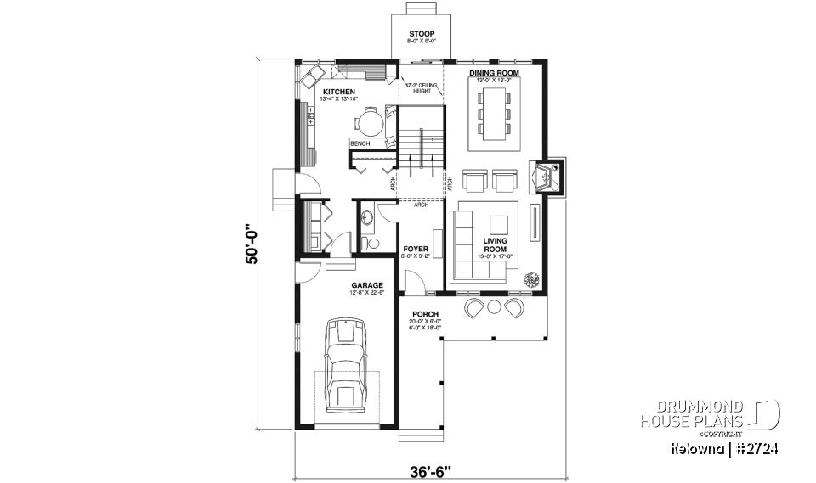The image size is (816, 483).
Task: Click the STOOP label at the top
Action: [x=421, y=34]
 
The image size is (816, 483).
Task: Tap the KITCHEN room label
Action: [x=337, y=92]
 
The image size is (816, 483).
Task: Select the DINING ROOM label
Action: [x=494, y=74]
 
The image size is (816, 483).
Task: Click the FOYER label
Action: [x=416, y=249]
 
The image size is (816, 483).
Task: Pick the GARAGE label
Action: [x=367, y=285]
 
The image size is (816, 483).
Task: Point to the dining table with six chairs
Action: [x=495, y=115]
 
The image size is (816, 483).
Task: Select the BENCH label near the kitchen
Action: [x=360, y=144]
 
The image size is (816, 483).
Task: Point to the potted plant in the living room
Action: [x=532, y=278]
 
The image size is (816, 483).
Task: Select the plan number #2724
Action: [x=761, y=447]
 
